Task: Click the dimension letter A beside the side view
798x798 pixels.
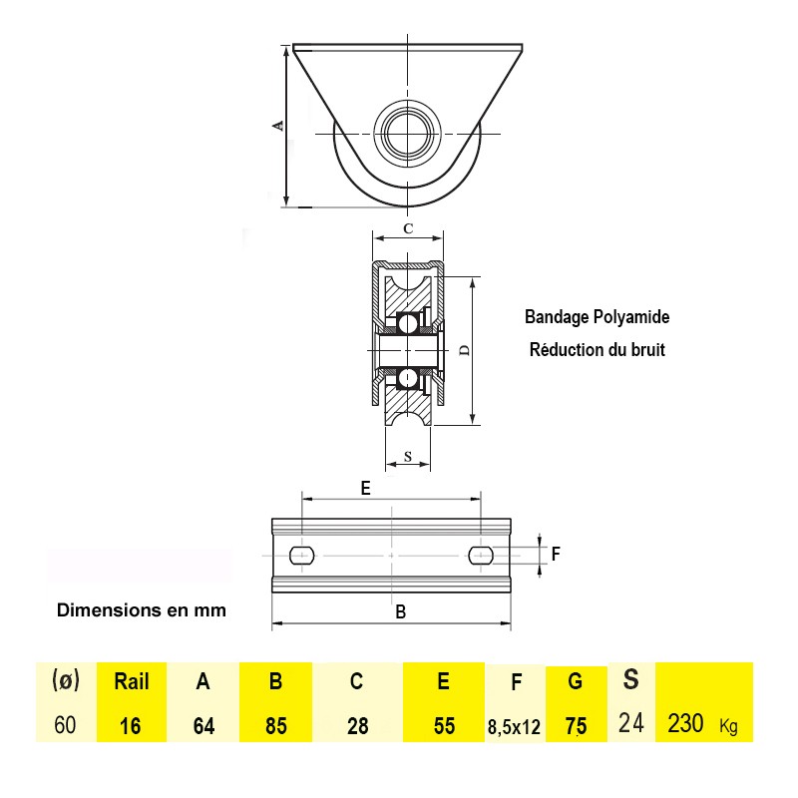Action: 279,125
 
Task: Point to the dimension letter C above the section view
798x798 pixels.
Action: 408,228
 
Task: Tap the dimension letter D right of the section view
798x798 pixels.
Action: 464,350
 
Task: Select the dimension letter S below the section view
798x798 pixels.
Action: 407,457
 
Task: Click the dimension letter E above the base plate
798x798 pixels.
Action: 365,488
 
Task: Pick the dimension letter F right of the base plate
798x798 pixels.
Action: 557,553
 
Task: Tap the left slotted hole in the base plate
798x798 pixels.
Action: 301,555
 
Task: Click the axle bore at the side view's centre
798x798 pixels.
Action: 407,133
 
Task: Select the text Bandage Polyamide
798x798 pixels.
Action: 597,317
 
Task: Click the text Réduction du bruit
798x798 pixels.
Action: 597,350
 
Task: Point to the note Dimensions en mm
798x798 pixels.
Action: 142,609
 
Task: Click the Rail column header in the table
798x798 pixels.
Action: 132,682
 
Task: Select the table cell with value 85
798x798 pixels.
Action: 276,725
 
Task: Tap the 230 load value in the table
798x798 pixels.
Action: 686,723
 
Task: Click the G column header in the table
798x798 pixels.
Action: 576,682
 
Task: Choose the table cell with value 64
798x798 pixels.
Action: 203,725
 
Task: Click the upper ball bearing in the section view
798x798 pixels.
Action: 407,323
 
